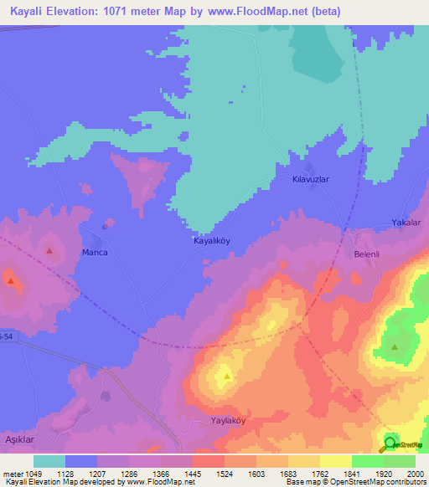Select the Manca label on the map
click(93, 252)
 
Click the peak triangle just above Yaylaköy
click(227, 376)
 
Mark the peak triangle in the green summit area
click(395, 346)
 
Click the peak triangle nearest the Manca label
click(50, 250)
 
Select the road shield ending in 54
click(7, 336)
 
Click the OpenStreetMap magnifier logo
click(390, 444)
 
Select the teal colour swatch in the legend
click(49, 460)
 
